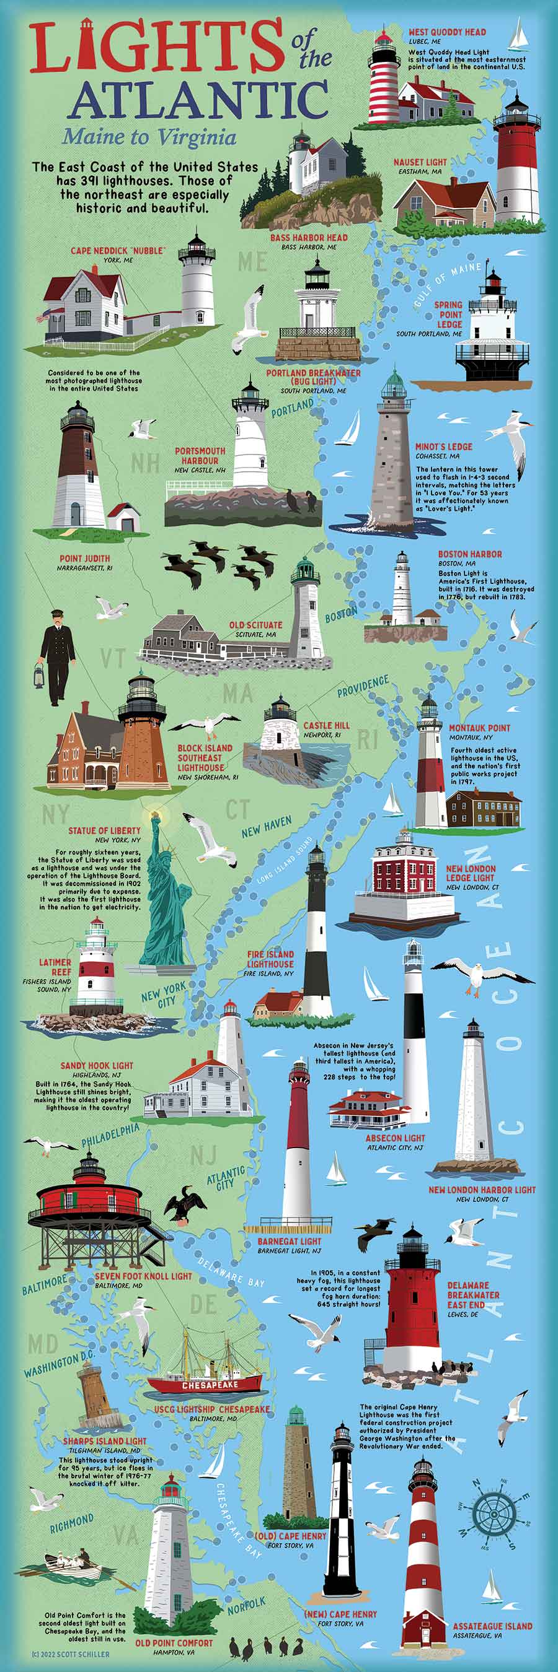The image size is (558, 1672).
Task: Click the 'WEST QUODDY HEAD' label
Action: click(x=447, y=32)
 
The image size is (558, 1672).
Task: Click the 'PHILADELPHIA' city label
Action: click(x=110, y=1133)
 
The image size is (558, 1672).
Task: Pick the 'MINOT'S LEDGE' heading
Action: click(x=444, y=446)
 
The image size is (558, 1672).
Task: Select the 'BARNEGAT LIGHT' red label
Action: click(x=289, y=1241)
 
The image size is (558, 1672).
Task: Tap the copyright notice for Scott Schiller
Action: click(x=70, y=1655)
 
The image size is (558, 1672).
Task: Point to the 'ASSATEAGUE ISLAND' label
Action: click(x=492, y=1626)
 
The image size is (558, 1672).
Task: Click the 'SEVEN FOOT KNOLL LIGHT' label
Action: click(x=143, y=1276)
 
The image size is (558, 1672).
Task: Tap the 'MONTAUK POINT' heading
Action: click(x=479, y=728)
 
